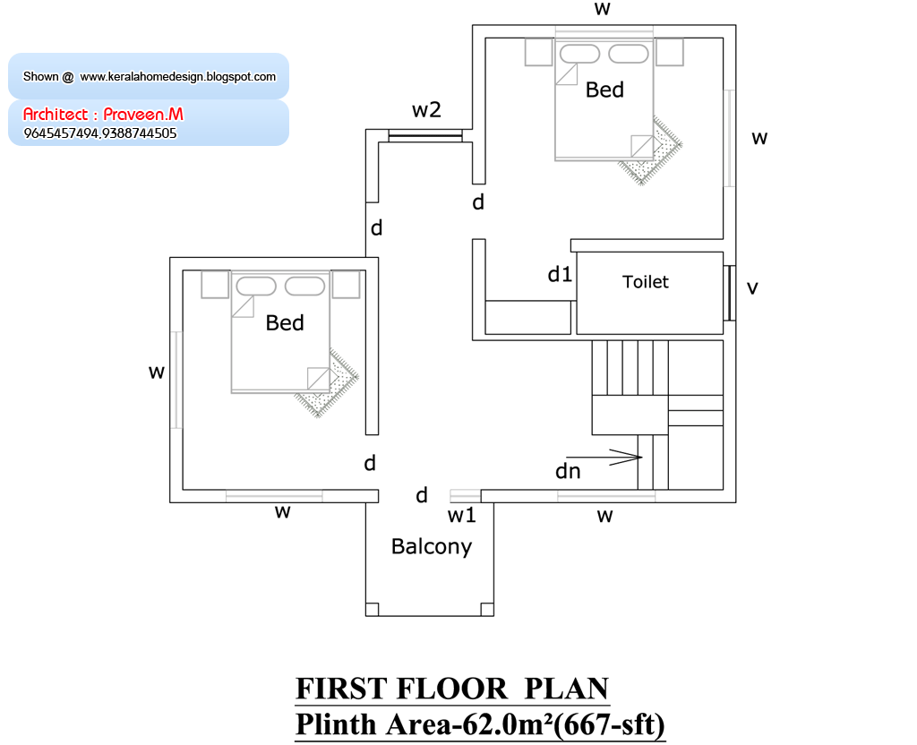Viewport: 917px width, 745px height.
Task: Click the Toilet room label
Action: tap(645, 282)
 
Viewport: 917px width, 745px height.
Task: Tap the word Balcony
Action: tap(432, 546)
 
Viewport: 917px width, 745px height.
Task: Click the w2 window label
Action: tap(426, 110)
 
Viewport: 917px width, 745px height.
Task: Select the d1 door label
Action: tap(560, 274)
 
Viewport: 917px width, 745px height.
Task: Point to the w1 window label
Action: tap(462, 515)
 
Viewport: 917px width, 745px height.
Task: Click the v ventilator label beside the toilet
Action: tap(752, 287)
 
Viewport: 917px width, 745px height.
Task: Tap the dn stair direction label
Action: tap(568, 471)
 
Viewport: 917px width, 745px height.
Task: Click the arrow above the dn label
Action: tap(604, 458)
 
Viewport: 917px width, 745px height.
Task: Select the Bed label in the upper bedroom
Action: tap(604, 90)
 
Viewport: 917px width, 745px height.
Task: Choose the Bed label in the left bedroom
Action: tap(285, 322)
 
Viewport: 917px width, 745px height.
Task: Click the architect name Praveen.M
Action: tap(143, 114)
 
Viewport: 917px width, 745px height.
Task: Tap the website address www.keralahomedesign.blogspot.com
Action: tap(178, 77)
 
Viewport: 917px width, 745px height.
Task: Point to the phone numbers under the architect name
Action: tap(100, 133)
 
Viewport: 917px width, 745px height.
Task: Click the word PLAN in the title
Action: tap(567, 689)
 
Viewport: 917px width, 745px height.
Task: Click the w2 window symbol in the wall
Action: tap(425, 136)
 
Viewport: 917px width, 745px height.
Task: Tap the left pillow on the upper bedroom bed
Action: tap(579, 54)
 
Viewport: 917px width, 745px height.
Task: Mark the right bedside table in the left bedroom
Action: tap(345, 284)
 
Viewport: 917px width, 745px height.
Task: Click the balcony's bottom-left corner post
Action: tap(372, 609)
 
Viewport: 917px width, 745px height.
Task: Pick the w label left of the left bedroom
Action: tap(157, 372)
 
